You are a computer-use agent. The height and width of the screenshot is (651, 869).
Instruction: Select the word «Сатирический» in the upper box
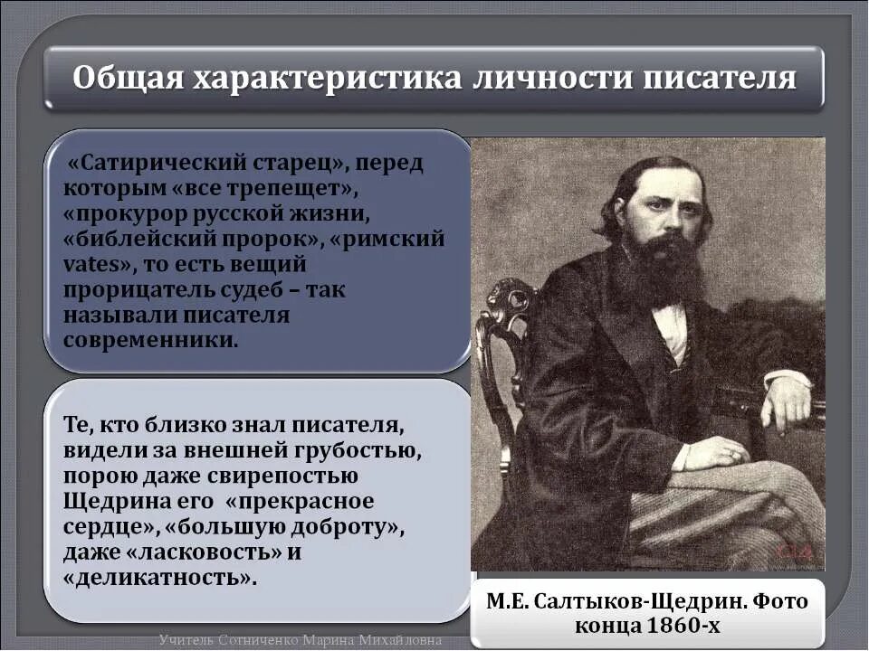pyautogui.click(x=145, y=165)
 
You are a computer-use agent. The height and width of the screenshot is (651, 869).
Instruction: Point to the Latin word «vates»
pyautogui.click(x=91, y=265)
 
